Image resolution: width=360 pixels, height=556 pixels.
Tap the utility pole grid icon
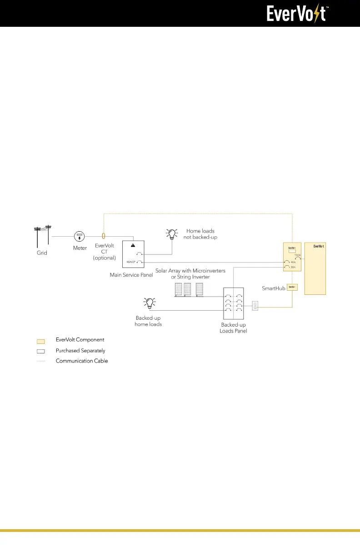click(43, 236)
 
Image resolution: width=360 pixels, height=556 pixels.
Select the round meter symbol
click(80, 236)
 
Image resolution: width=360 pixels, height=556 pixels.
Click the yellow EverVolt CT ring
click(104, 236)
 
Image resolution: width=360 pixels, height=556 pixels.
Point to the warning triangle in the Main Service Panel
click(133, 245)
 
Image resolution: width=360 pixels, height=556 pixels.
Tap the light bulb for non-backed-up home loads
click(172, 234)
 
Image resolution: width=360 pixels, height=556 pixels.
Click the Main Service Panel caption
click(131, 275)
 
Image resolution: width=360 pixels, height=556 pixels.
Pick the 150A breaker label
click(298, 255)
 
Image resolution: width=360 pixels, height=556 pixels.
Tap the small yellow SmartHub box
click(292, 287)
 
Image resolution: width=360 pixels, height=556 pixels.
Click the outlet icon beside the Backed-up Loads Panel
click(255, 307)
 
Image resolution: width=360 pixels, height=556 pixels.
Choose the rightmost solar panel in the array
click(199, 290)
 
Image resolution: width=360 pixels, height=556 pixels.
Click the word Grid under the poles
click(42, 253)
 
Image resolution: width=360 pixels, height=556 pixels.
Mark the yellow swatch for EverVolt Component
click(41, 340)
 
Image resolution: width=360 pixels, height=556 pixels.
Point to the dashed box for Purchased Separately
click(41, 351)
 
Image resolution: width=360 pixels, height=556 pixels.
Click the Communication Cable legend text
click(82, 361)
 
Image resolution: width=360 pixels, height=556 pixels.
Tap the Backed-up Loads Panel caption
click(234, 328)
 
